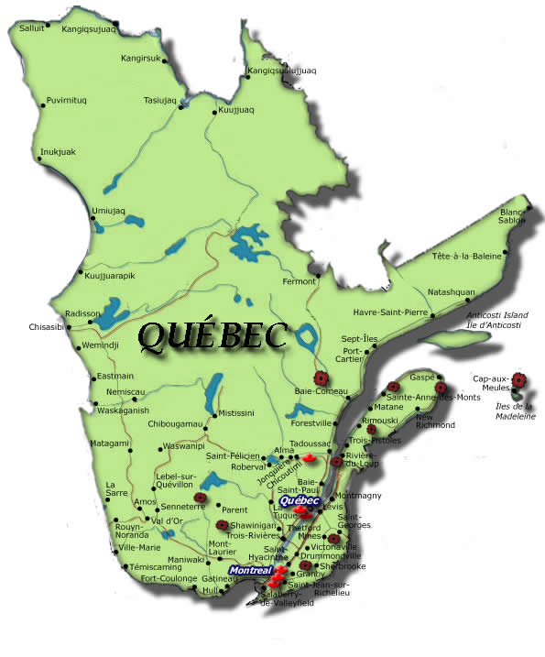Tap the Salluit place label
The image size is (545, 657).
31,28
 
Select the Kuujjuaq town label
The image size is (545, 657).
236,110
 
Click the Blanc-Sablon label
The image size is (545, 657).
513,216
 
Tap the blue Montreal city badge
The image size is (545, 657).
250,571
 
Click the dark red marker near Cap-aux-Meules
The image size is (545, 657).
519,379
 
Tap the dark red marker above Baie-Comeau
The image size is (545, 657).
320,378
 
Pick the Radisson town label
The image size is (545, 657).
81,312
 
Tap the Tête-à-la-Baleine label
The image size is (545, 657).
467,257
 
